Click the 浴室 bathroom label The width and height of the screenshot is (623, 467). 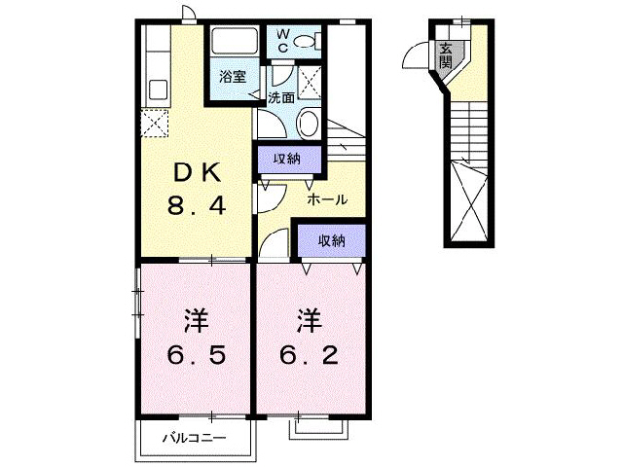[x=231, y=77]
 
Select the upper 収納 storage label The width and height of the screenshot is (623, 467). [x=285, y=159]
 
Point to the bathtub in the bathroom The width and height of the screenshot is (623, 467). [x=232, y=43]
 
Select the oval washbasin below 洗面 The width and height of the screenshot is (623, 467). [x=306, y=124]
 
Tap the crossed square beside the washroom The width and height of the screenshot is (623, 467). [x=311, y=83]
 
